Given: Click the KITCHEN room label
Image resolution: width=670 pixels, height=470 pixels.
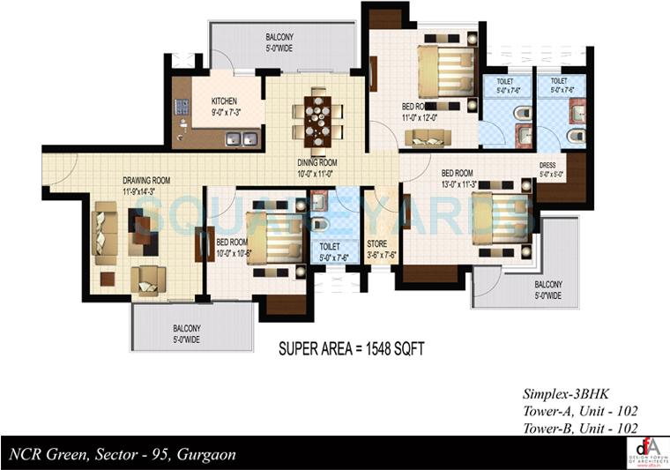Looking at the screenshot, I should [224, 101].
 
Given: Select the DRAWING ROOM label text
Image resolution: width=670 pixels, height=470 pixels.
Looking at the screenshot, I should [145, 181].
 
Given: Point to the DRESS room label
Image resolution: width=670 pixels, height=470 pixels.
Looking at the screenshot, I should [551, 165].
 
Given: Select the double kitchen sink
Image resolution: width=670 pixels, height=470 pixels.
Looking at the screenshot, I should [240, 138].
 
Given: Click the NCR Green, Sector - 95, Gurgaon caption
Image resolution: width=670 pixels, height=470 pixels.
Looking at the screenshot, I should [123, 455].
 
